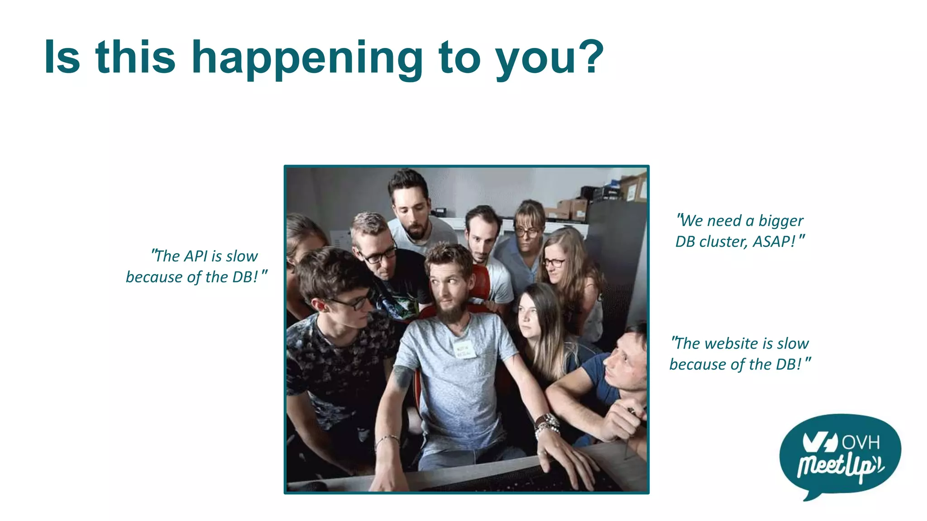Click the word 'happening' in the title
(307, 59)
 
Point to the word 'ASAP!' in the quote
(774, 242)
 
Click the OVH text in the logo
(860, 442)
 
